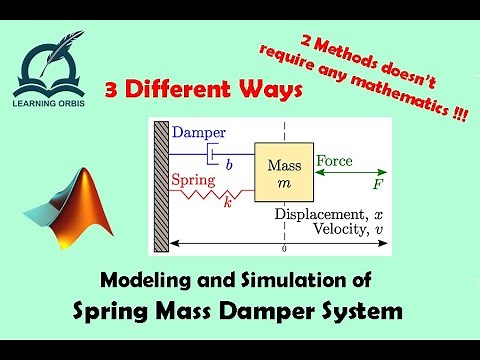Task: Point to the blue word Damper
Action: tap(200, 133)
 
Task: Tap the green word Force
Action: tap(334, 160)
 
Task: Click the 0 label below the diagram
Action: tap(285, 248)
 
